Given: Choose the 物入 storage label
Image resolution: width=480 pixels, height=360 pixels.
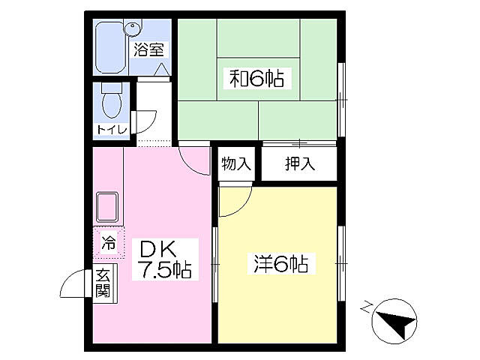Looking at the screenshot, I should tap(235, 164).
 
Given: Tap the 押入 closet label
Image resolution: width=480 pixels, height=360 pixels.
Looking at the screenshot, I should tap(298, 164).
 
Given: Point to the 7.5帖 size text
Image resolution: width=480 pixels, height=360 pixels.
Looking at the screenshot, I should tap(164, 270).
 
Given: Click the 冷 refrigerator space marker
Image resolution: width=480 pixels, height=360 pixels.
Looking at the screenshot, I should tap(109, 243).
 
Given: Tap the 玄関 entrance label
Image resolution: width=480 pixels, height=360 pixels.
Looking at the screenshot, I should tap(103, 284).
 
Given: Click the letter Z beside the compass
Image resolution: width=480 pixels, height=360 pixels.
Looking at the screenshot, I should tap(366, 306).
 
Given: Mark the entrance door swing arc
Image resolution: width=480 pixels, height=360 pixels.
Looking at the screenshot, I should tap(75, 286).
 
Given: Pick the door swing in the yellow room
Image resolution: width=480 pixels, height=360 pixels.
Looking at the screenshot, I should tap(234, 202).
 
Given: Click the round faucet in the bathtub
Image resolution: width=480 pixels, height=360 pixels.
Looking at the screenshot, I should tap(133, 30).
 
